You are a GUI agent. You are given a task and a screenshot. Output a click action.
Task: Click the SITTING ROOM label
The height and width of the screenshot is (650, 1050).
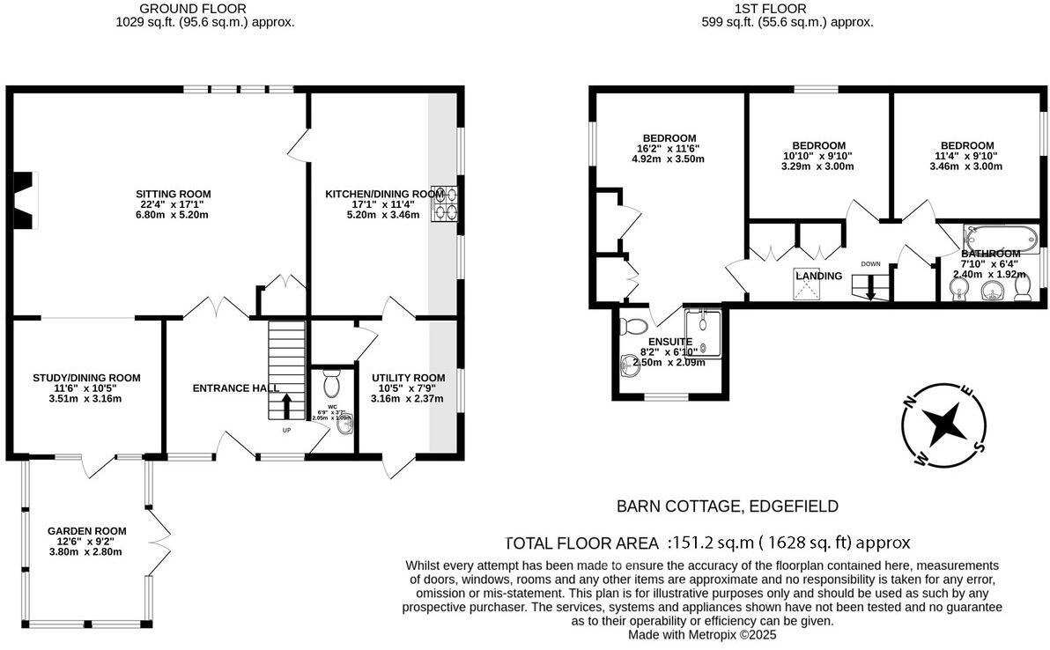point(174,194)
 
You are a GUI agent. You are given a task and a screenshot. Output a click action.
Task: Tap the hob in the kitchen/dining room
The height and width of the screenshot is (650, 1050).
point(444,202)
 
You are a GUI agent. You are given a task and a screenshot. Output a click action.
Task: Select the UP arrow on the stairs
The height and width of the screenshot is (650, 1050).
point(286,406)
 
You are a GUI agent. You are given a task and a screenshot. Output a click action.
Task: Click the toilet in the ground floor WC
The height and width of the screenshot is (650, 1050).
point(331,385)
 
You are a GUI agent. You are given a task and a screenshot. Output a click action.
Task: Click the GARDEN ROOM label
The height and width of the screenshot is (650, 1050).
point(86,531)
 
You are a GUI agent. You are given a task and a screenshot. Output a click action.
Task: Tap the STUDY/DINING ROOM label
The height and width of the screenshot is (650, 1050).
point(80,378)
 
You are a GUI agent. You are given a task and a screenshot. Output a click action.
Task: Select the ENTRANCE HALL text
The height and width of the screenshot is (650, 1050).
point(235,388)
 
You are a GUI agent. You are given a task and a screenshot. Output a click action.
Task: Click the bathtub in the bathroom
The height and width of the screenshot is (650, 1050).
point(1001,238)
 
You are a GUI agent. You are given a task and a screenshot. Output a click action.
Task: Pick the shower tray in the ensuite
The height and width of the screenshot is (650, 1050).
point(703,332)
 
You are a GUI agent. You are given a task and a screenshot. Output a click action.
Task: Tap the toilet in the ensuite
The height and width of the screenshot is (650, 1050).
point(632,327)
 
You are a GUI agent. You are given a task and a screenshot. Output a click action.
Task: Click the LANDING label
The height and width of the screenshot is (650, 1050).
point(818,277)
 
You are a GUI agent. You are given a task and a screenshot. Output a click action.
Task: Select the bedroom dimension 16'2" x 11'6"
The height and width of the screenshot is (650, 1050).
point(669,149)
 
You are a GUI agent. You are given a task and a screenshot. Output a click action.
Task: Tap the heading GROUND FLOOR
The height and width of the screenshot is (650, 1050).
point(205,8)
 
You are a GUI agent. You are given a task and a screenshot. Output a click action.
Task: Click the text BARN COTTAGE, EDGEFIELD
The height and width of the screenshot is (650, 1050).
point(727,506)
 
